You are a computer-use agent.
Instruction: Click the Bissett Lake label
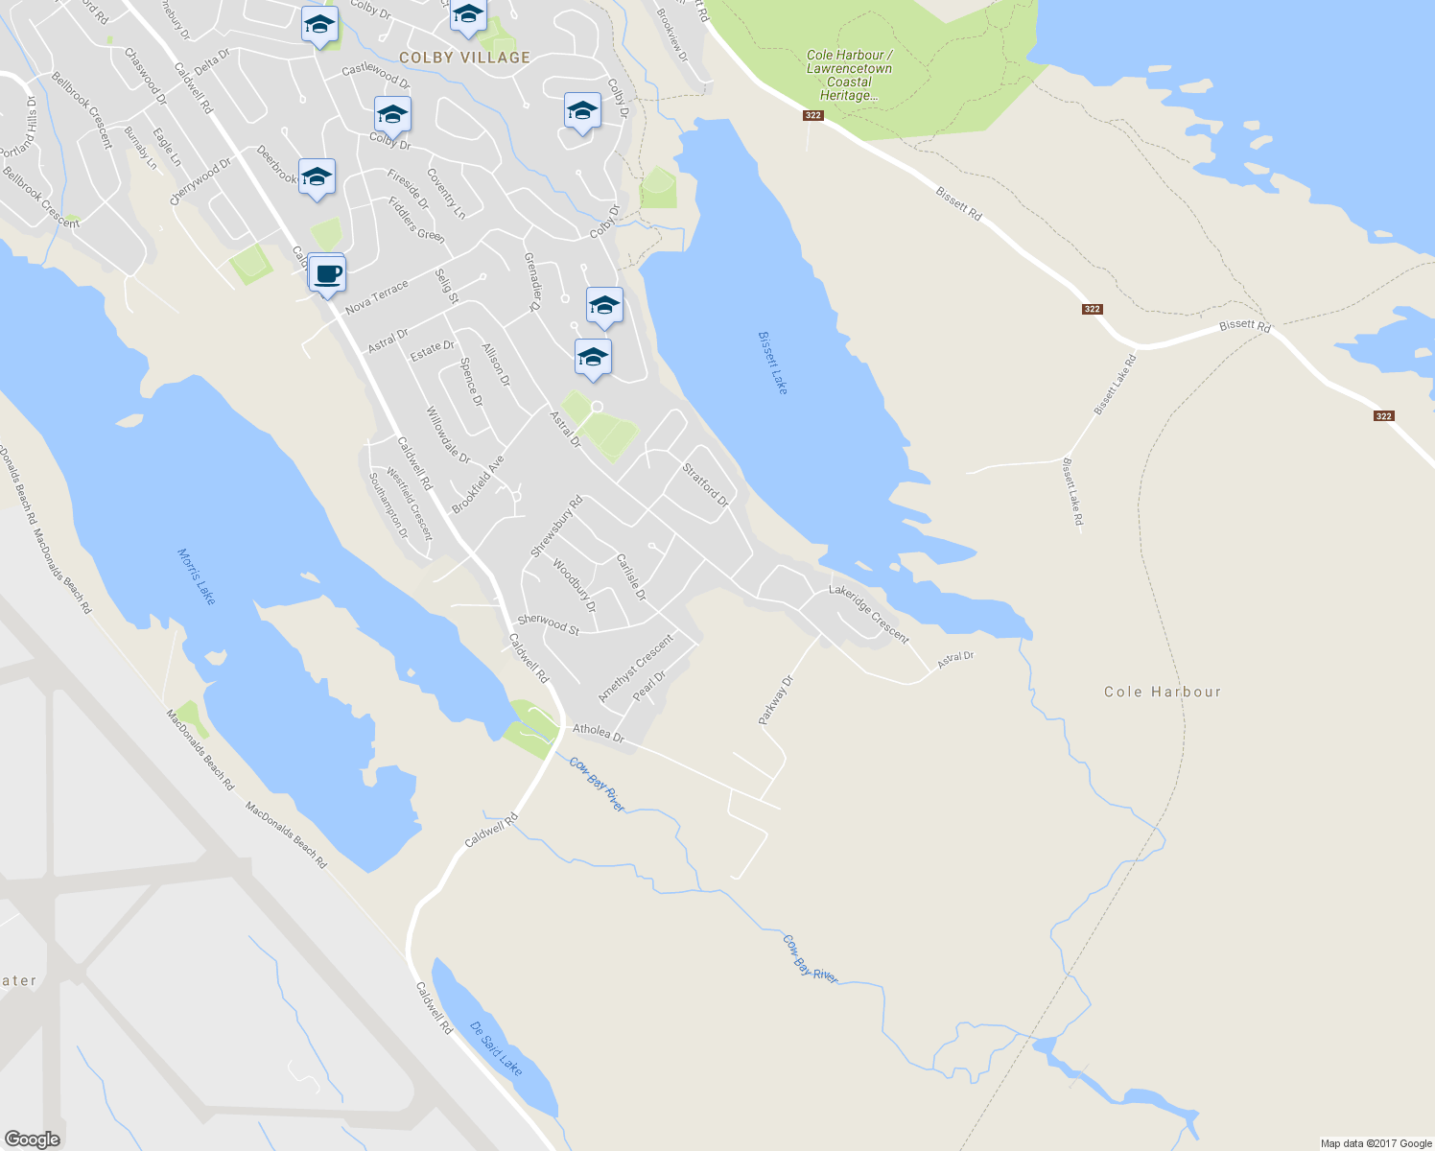tap(772, 363)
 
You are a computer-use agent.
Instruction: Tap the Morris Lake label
tap(197, 576)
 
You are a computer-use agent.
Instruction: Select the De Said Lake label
tap(496, 1047)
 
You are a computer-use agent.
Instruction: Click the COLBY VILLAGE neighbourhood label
tap(464, 58)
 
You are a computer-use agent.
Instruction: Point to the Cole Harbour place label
tap(1162, 692)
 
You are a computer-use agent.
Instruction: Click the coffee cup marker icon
tap(327, 273)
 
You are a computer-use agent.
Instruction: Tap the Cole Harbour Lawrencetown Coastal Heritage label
tap(849, 75)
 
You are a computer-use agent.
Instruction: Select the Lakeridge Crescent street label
tap(868, 614)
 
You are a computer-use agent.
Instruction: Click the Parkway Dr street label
tap(776, 700)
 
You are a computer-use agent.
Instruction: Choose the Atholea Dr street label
tap(598, 734)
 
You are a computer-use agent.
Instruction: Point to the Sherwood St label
tap(548, 624)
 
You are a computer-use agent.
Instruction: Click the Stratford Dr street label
tap(705, 485)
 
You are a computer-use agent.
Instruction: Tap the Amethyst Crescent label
tap(635, 668)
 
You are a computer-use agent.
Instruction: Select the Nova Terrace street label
tap(376, 296)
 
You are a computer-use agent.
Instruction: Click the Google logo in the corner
tap(32, 1139)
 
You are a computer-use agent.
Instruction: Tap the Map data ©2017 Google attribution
tap(1376, 1143)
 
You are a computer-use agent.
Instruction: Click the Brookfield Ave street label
tap(478, 484)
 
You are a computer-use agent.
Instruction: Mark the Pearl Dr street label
tap(648, 686)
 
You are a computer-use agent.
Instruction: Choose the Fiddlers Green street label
tap(416, 220)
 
